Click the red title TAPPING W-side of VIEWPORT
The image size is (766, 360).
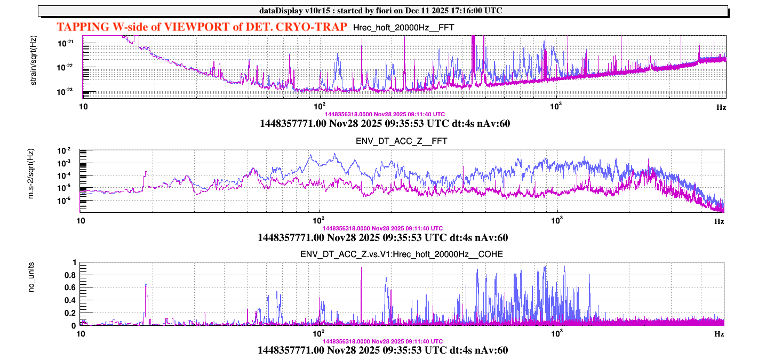(x=202, y=27)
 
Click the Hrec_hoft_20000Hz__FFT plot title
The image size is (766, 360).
(x=404, y=27)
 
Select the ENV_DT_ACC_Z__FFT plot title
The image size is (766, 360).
(x=401, y=141)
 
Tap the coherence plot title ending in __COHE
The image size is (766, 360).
(x=401, y=254)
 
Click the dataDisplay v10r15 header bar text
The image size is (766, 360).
(x=382, y=11)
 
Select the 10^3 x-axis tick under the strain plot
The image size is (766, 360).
(x=556, y=107)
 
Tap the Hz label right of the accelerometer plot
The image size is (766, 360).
(x=719, y=221)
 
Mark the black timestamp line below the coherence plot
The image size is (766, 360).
(x=382, y=350)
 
